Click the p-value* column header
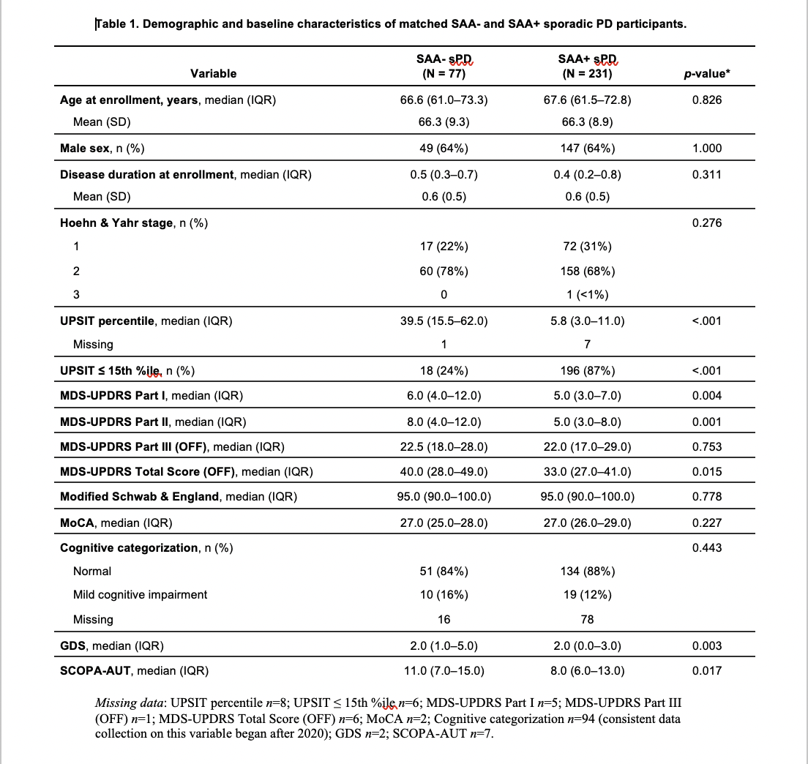pos(706,73)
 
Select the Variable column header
pos(214,73)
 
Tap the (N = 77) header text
pos(444,73)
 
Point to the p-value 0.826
pos(706,100)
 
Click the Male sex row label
pos(102,148)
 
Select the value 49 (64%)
pos(444,148)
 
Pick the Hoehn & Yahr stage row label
pos(133,222)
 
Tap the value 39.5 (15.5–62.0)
pos(444,320)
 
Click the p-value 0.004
pos(706,396)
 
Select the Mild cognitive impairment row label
pos(140,594)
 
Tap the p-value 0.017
pos(706,670)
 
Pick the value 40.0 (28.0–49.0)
pos(444,471)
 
